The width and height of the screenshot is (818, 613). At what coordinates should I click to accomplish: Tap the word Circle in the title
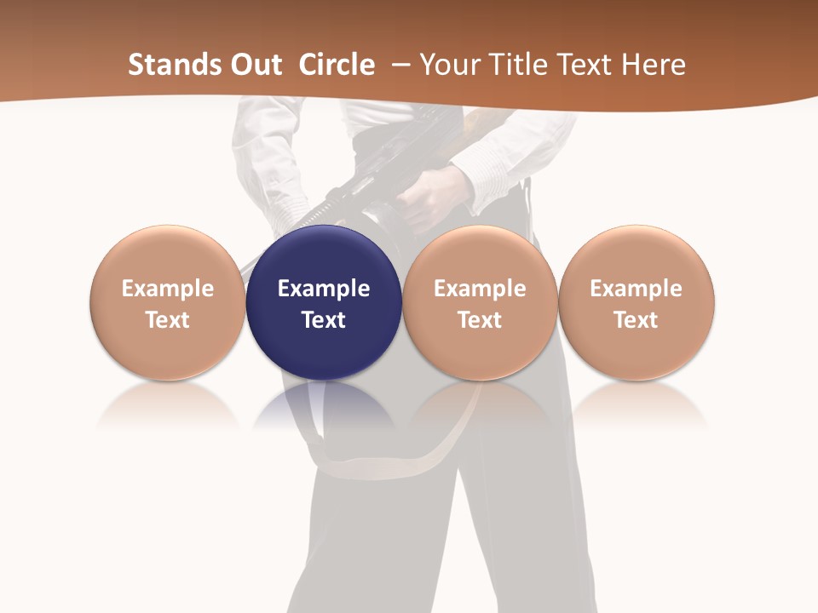(x=337, y=65)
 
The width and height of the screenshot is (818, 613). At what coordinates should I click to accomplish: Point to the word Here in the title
(x=654, y=65)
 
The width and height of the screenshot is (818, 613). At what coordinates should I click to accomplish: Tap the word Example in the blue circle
(x=324, y=289)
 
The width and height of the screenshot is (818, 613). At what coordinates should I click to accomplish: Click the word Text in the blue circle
(x=324, y=320)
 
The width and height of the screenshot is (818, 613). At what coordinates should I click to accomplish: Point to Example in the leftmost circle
(x=167, y=289)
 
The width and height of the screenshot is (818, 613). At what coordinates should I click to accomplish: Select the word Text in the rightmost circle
(x=637, y=320)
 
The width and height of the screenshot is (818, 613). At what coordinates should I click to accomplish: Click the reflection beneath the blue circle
(x=324, y=407)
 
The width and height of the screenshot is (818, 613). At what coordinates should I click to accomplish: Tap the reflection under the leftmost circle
(x=167, y=407)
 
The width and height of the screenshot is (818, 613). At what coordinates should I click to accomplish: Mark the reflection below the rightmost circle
(x=637, y=407)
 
